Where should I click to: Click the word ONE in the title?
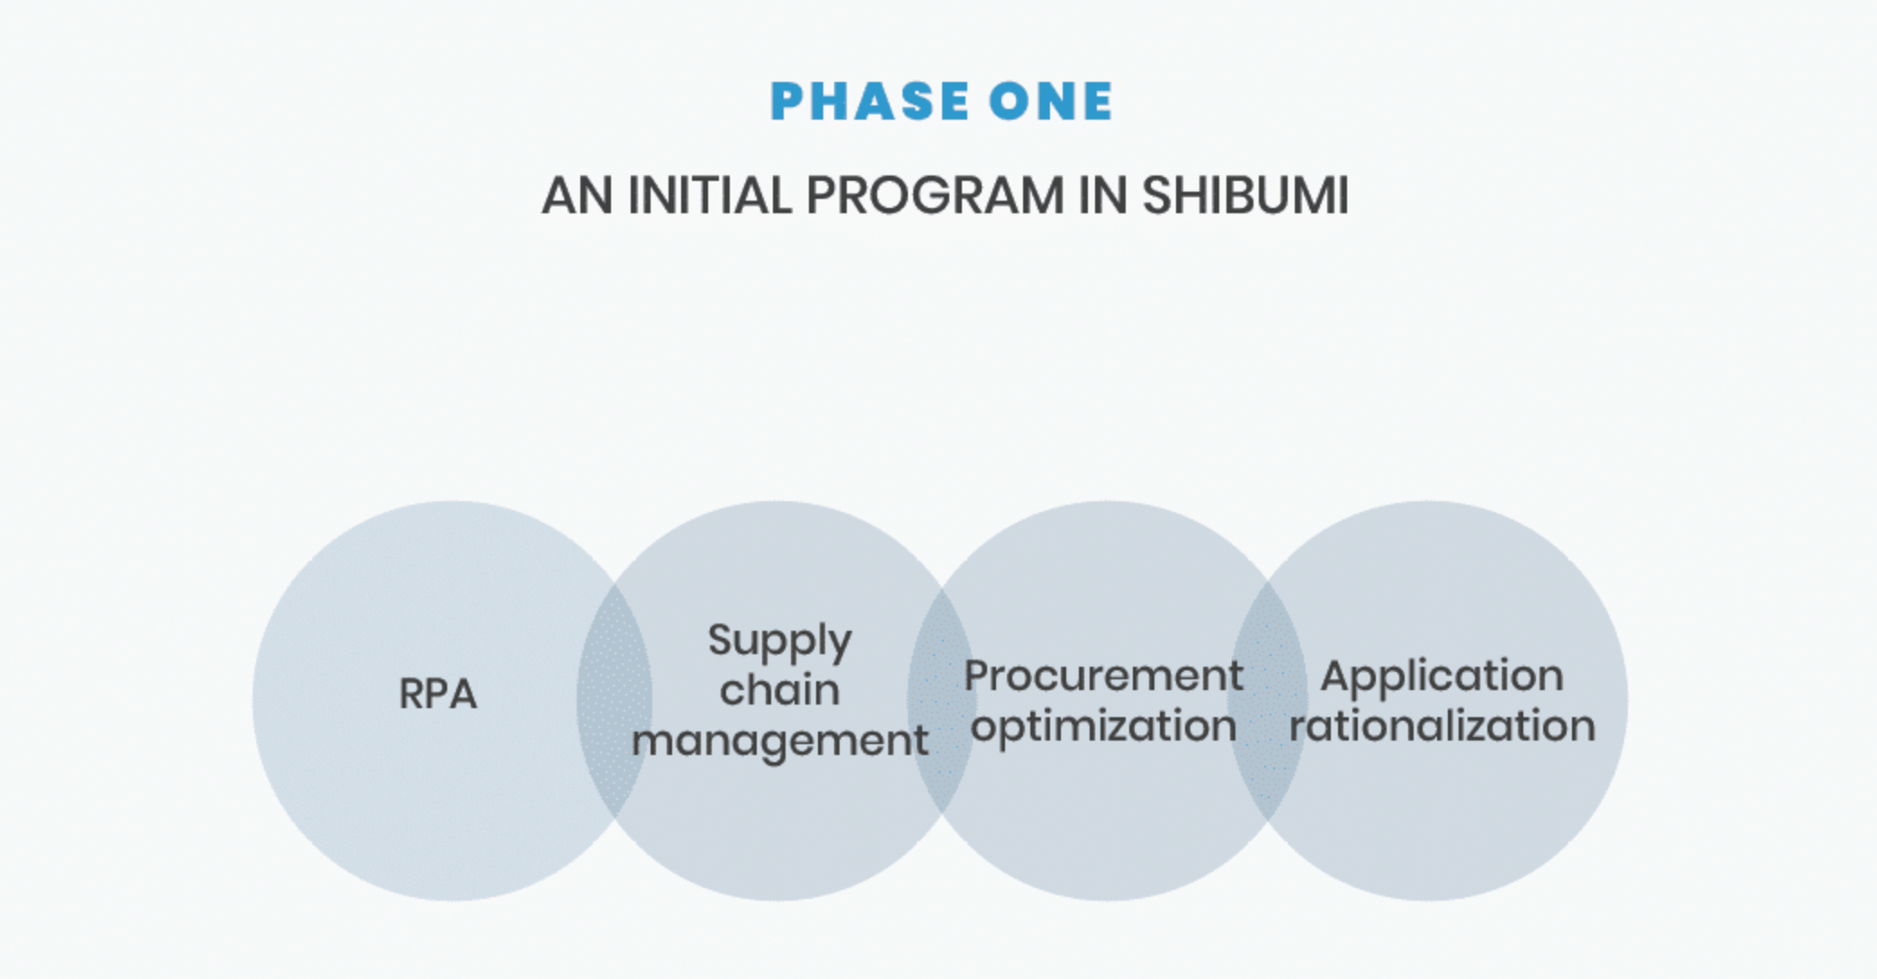point(1051,101)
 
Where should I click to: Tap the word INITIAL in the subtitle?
point(709,194)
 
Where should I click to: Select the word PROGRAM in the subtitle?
point(935,194)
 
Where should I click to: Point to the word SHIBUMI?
point(1245,194)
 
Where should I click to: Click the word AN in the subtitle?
point(577,194)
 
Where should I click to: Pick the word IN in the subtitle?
point(1103,194)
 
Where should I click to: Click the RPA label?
point(437,694)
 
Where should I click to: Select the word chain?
point(779,690)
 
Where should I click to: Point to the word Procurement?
point(1103,676)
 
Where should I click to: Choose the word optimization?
point(1103,727)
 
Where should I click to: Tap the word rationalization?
point(1441,726)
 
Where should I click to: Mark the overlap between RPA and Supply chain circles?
point(615,701)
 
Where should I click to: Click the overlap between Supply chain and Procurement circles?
point(942,701)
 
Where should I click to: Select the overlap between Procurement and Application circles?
point(1268,701)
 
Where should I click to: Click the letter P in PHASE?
point(786,101)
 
